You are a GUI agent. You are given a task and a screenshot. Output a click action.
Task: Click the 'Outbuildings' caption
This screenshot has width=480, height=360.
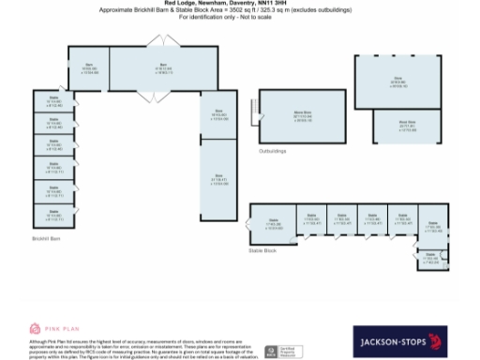point(273,150)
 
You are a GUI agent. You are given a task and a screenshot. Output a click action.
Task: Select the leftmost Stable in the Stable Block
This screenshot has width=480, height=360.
point(274,222)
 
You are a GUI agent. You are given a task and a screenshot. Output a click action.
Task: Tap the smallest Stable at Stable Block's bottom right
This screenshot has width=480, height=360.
point(431,257)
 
